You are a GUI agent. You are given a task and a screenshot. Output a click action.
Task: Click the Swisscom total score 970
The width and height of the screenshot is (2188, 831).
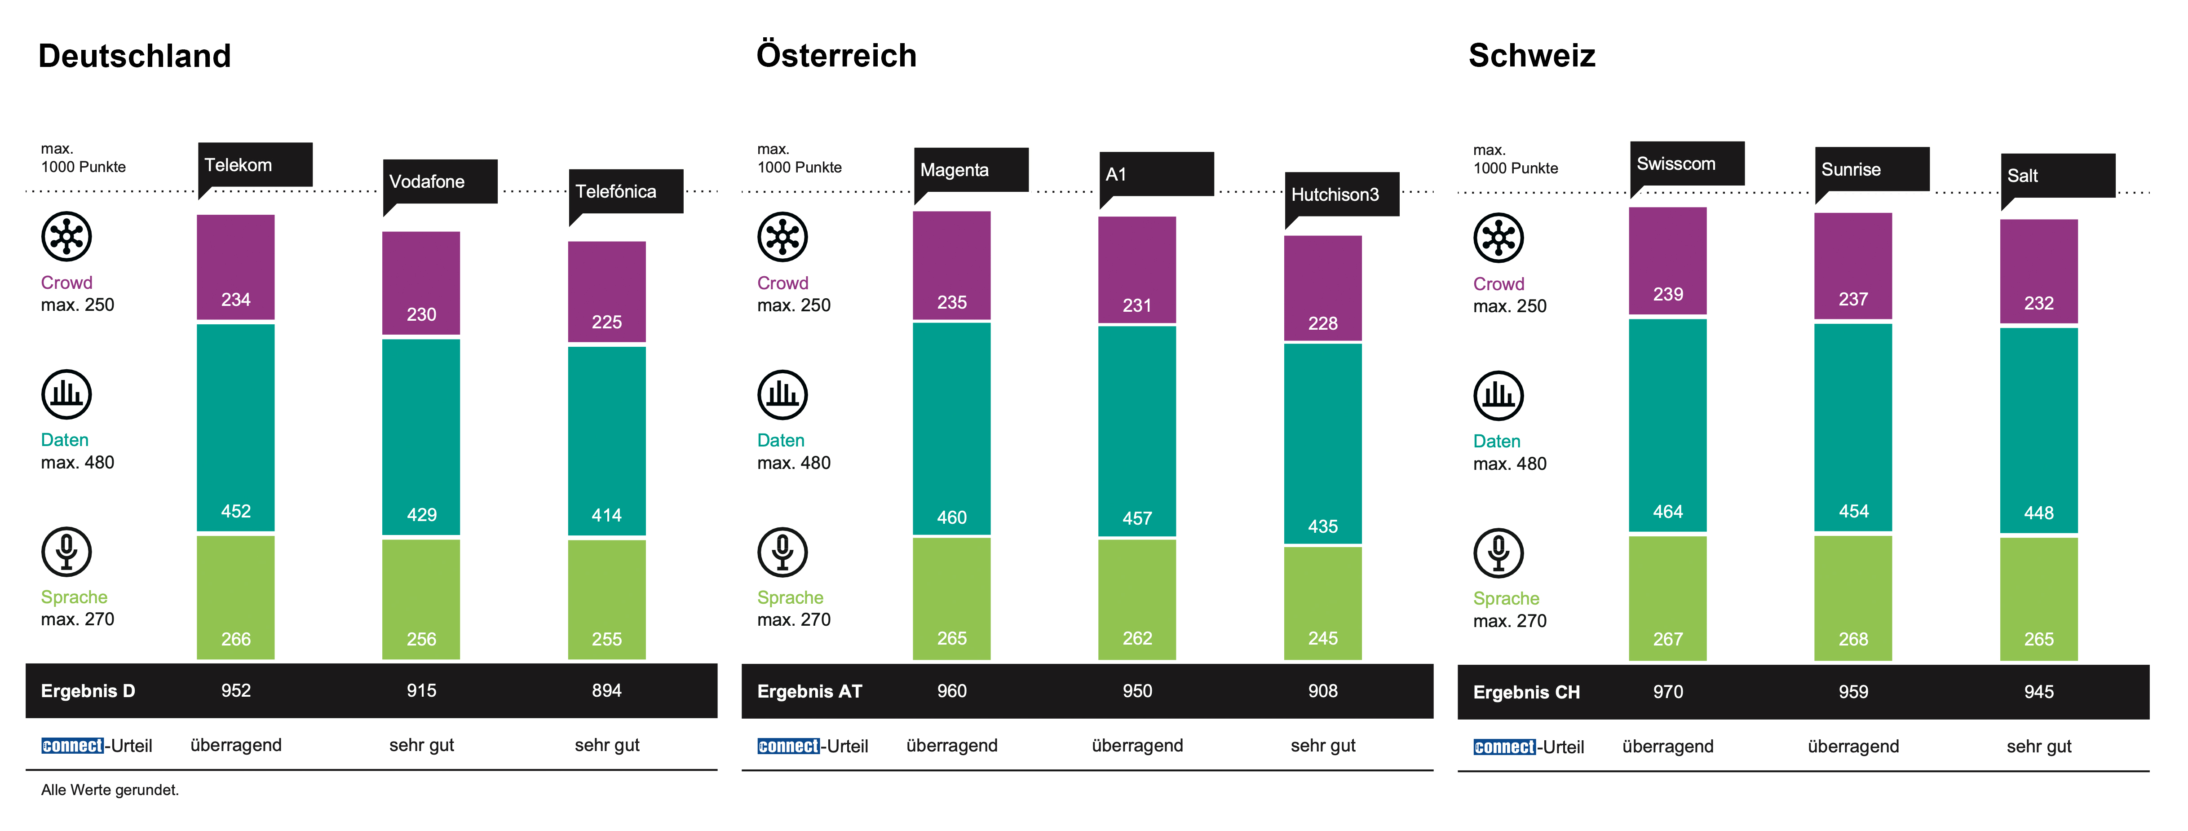1667,692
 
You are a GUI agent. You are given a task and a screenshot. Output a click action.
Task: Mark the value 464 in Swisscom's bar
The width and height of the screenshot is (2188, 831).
1667,512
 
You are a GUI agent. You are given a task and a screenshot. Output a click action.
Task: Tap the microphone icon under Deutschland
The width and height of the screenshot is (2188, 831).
66,552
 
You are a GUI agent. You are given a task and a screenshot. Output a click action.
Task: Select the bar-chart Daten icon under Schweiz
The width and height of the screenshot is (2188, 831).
1498,396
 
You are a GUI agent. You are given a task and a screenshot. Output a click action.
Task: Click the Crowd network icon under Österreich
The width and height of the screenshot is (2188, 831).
782,237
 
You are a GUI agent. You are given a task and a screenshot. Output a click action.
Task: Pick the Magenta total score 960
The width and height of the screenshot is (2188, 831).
951,691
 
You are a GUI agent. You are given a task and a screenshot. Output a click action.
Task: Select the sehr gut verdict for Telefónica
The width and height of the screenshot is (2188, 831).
606,745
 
